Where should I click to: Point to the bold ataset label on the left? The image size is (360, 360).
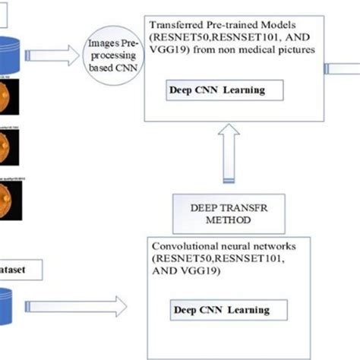[20, 267]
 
